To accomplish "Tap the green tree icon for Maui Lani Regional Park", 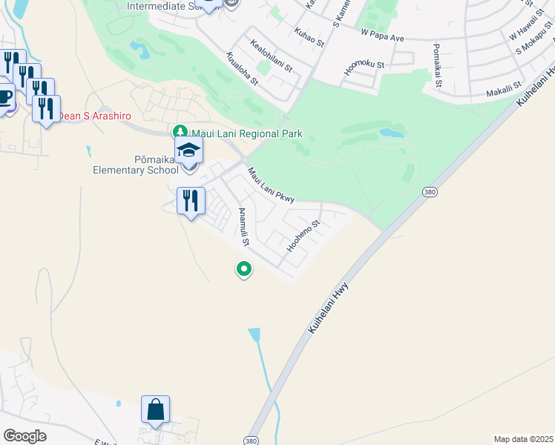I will [179, 132].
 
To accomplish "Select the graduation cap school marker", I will [189, 151].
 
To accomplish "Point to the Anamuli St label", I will [243, 227].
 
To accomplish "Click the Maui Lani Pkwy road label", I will [271, 185].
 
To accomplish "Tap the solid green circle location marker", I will [243, 269].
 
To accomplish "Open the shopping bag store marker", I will [156, 410].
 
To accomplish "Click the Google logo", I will [24, 436].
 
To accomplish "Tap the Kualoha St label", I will [242, 68].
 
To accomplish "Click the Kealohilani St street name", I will [272, 56].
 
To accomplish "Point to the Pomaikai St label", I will [438, 65].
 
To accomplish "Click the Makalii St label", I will [505, 93].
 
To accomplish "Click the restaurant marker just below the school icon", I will [191, 200].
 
